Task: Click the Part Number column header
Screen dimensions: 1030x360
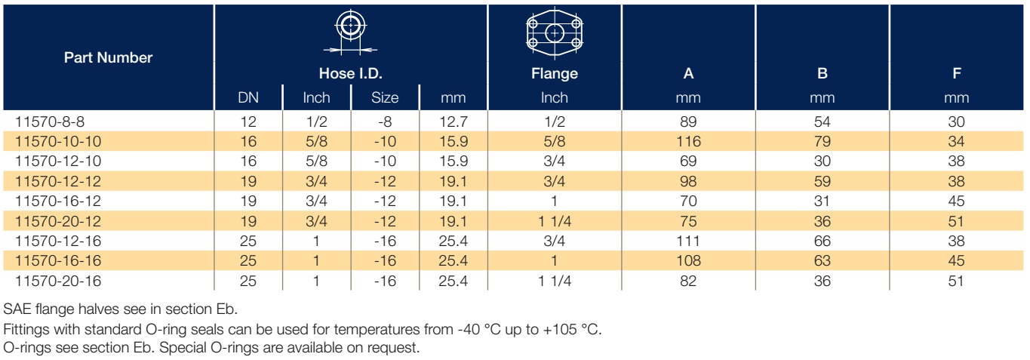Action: coord(108,57)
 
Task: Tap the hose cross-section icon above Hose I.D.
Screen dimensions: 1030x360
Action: coord(350,31)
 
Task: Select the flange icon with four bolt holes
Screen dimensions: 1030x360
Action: coord(555,33)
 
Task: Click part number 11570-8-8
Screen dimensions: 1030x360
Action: coord(50,122)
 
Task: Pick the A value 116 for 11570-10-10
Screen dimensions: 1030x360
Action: coord(688,141)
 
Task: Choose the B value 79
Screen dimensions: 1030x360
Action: coord(822,141)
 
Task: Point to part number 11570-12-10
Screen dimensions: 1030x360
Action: coord(58,161)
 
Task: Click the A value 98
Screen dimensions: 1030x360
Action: coord(688,181)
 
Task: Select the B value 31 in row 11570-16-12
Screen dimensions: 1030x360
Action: coord(822,201)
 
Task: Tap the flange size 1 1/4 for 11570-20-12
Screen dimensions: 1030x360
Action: coord(555,221)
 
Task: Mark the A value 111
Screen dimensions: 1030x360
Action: coord(688,241)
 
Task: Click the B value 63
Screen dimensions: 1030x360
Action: coord(822,260)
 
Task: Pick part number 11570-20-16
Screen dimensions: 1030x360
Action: coord(58,281)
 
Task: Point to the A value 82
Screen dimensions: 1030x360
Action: coord(688,281)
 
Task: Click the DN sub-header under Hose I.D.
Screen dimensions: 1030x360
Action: coord(248,97)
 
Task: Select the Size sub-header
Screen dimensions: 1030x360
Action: coord(385,97)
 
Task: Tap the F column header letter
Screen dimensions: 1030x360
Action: coord(957,73)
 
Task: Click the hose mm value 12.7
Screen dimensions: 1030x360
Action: coord(454,122)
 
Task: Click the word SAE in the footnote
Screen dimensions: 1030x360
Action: coord(17,309)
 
